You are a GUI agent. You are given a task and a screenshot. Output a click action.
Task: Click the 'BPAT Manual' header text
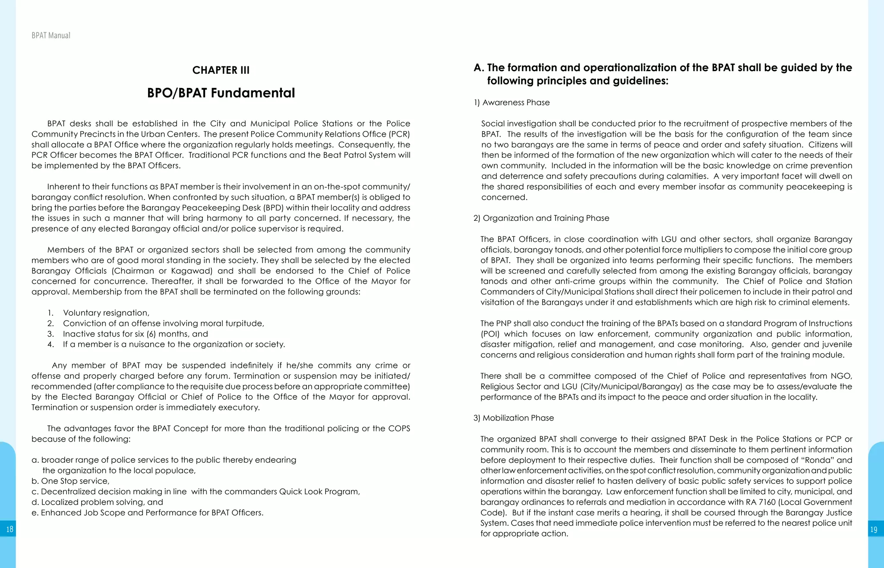[x=51, y=35]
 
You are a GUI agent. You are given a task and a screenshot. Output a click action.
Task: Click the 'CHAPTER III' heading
[x=221, y=70]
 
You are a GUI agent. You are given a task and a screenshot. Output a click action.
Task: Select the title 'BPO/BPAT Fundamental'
[x=221, y=93]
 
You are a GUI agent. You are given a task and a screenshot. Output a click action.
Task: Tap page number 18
[x=9, y=529]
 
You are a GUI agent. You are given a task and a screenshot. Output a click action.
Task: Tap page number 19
[x=874, y=530]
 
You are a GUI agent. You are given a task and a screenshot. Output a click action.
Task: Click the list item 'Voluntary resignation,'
[x=106, y=313]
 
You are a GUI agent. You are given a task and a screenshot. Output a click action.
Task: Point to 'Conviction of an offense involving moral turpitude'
[x=163, y=323]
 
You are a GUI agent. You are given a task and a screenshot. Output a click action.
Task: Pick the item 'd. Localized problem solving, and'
[x=97, y=502]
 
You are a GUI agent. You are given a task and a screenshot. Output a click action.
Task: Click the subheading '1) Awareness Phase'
[x=511, y=103]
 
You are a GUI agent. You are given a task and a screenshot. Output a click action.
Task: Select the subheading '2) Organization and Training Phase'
[x=541, y=218]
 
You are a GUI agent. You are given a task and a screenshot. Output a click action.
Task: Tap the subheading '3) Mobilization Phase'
[x=514, y=418]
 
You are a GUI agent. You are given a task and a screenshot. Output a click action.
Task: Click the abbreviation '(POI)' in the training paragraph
[x=490, y=334]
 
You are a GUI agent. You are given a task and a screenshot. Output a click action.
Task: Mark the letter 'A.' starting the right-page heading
[x=479, y=68]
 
